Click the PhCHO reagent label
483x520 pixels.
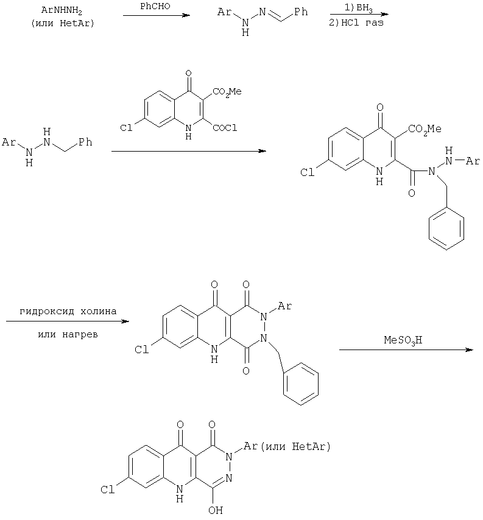point(155,6)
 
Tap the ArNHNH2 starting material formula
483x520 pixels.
point(62,10)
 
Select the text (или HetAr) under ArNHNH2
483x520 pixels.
point(63,24)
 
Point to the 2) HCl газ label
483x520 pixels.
point(356,23)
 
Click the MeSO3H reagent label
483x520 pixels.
point(403,340)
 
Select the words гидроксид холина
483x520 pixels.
point(68,311)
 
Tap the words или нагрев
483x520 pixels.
point(68,334)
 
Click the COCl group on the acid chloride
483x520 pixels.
point(225,128)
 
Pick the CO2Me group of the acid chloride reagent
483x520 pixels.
point(227,91)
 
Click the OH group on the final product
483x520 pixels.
point(215,510)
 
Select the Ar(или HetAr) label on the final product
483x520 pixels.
point(287,446)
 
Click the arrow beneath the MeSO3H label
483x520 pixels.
point(406,350)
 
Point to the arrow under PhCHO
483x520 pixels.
point(157,15)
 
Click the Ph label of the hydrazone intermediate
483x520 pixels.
point(301,12)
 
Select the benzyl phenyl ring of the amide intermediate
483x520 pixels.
point(446,228)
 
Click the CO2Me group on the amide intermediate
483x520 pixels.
point(425,128)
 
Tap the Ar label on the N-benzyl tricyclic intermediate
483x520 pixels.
point(284,306)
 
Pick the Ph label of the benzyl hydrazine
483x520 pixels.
point(85,142)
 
